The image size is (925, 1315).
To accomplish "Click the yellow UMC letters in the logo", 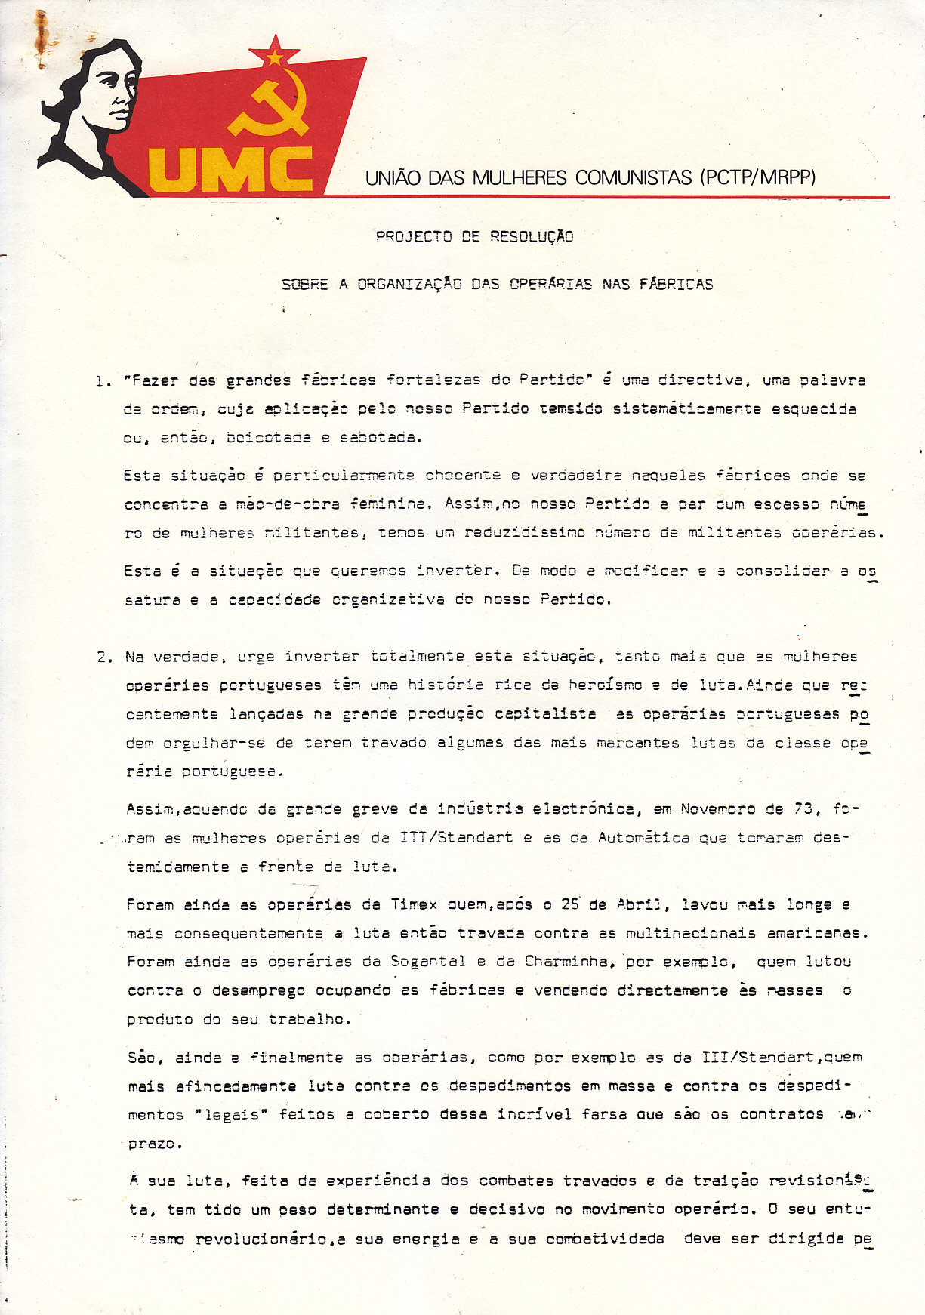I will [231, 170].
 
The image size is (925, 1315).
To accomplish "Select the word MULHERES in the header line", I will [522, 178].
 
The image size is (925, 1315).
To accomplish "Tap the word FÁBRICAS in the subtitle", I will [677, 285].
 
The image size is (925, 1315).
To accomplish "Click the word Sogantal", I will [428, 962].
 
